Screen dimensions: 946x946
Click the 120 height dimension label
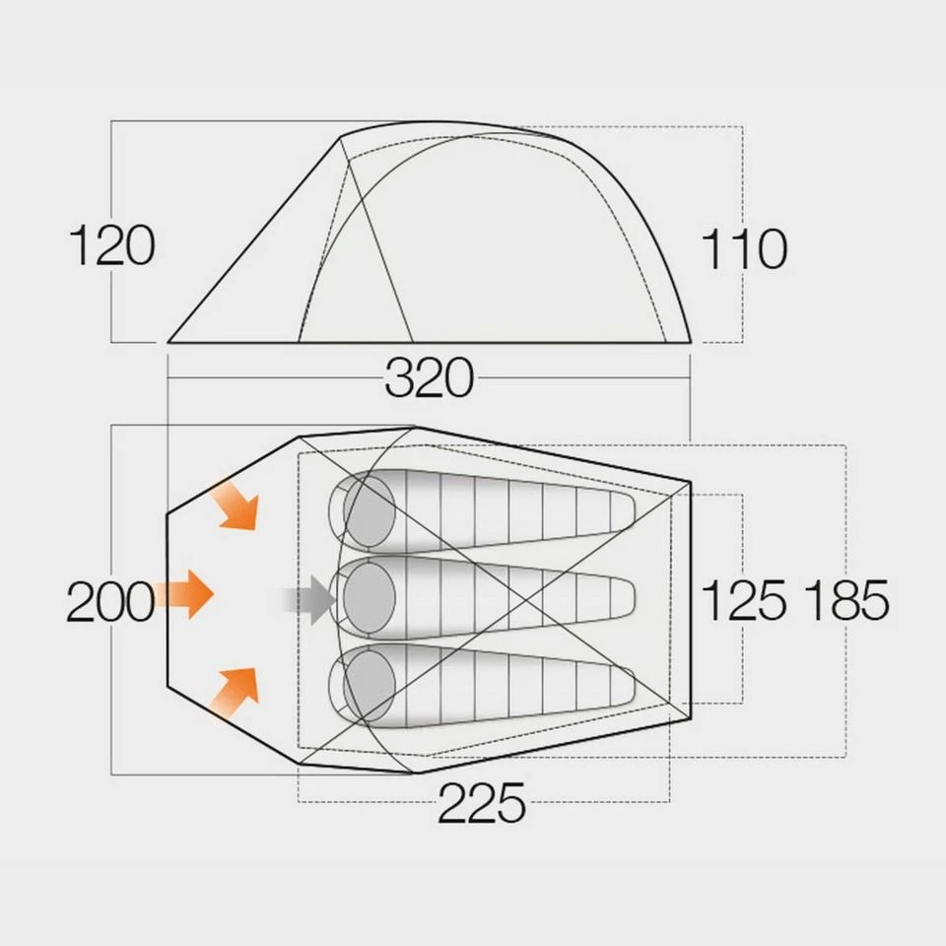click(x=112, y=246)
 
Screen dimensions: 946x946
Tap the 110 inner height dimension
click(x=744, y=249)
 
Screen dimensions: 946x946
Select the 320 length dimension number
click(x=429, y=378)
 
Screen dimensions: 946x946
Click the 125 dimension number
click(x=744, y=600)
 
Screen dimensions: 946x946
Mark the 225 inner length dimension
click(x=481, y=805)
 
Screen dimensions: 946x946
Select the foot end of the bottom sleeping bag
click(x=621, y=685)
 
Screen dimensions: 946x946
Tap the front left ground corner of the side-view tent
click(x=169, y=342)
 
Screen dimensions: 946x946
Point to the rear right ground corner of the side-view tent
click(x=689, y=342)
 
